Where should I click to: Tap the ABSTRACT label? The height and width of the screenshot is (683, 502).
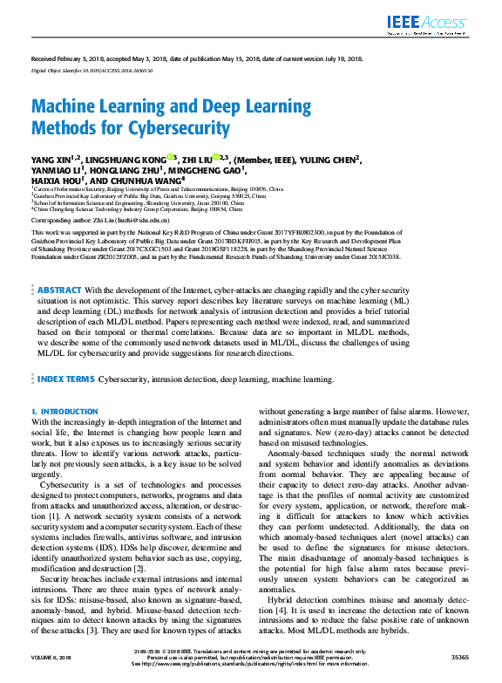[x=60, y=266]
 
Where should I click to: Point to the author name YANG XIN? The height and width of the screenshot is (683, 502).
[x=51, y=161]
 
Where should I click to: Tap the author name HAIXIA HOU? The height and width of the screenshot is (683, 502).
[x=54, y=181]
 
